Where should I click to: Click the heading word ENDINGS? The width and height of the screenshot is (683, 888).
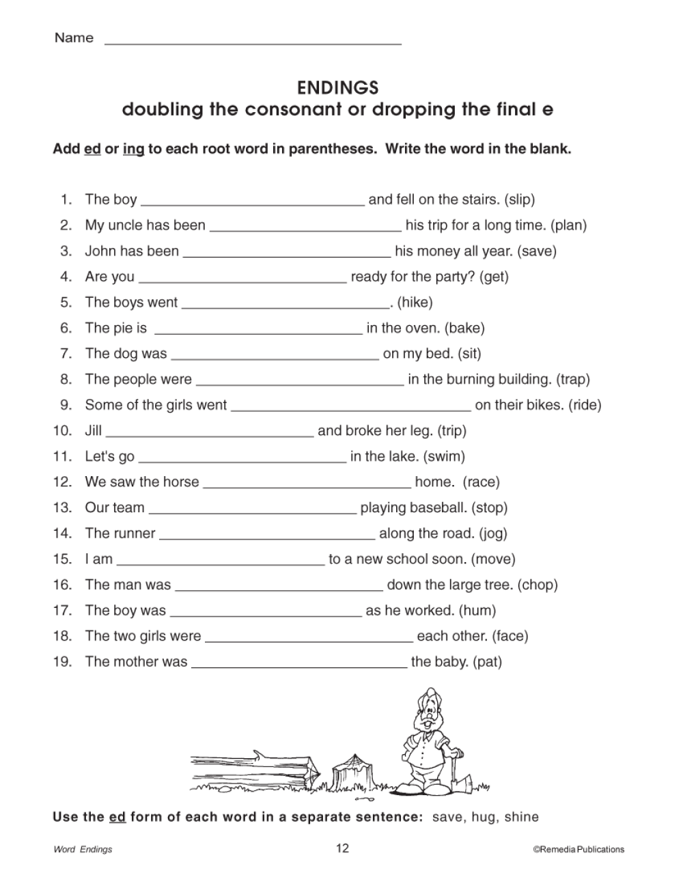click(337, 88)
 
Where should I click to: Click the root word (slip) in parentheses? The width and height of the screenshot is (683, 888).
click(519, 199)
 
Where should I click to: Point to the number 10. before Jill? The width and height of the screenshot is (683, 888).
click(62, 430)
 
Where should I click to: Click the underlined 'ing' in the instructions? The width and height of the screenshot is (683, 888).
click(133, 149)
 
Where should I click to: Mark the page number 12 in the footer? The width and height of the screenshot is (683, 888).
click(342, 848)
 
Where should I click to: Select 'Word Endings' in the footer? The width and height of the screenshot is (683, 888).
click(83, 850)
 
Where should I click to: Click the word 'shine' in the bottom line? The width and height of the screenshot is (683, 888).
click(521, 817)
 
